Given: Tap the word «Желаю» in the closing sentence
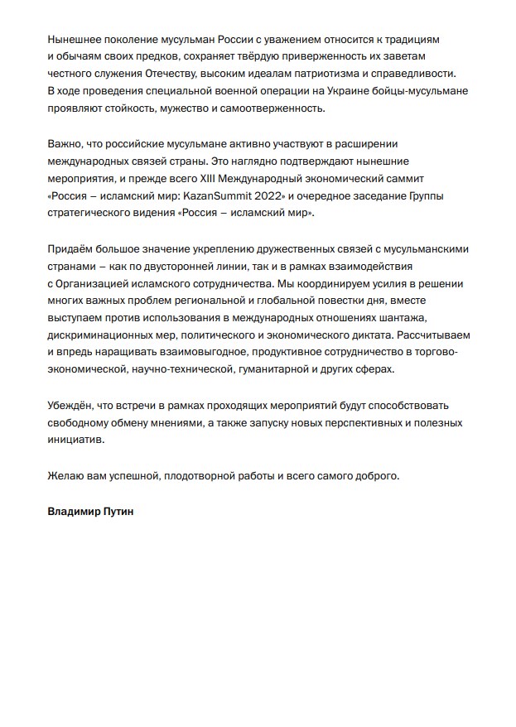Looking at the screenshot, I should coord(67,475).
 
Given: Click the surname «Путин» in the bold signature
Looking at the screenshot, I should coord(115,512).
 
